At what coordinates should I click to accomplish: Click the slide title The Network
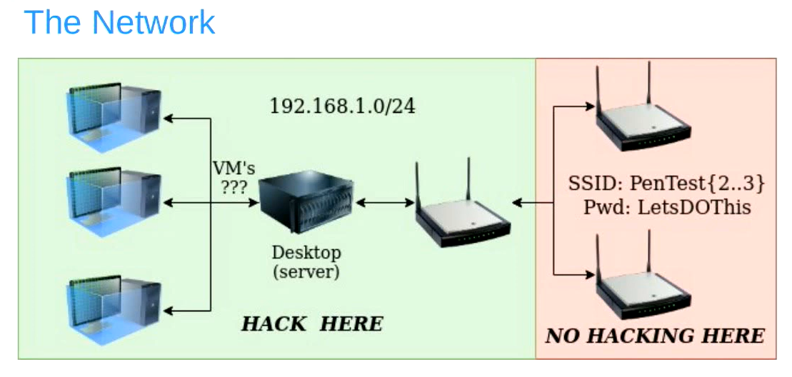coord(119,22)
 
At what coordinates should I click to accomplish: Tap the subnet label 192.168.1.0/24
coord(342,106)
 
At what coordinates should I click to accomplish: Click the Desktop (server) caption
coord(306,262)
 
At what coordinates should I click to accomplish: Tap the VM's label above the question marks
coord(234,169)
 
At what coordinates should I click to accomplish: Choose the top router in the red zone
coord(643,118)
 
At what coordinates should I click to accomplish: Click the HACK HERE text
coord(312,323)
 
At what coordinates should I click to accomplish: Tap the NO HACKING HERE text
coord(655,336)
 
